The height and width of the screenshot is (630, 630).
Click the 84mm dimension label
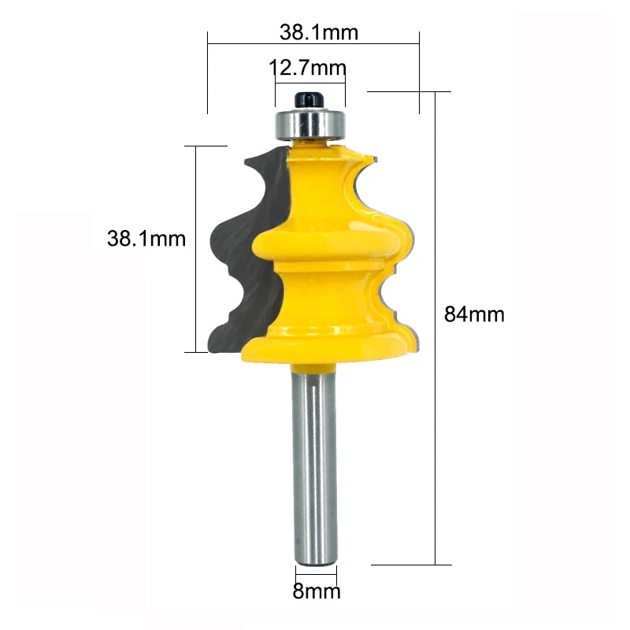474,314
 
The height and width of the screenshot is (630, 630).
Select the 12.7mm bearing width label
308,68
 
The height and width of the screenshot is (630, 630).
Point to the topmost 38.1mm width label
318,32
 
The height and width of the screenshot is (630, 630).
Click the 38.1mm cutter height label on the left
146,238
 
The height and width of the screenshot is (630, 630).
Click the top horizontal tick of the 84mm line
409,92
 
